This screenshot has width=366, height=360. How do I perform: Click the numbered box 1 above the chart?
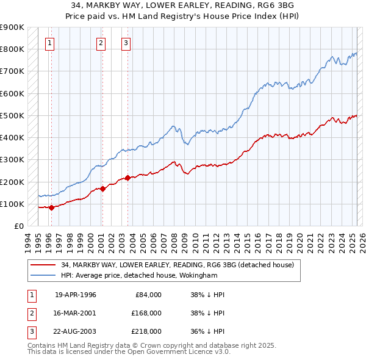pyautogui.click(x=49, y=43)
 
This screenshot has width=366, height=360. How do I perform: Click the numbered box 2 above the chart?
pyautogui.click(x=100, y=43)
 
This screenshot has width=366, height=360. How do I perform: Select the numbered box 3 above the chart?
pyautogui.click(x=125, y=43)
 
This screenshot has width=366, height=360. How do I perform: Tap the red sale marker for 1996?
pyautogui.click(x=51, y=207)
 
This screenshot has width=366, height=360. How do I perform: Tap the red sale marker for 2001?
pyautogui.click(x=102, y=189)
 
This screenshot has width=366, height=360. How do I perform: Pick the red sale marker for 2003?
pyautogui.click(x=128, y=178)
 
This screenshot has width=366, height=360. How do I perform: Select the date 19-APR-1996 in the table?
pyautogui.click(x=76, y=294)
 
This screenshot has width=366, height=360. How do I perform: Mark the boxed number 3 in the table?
pyautogui.click(x=31, y=331)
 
